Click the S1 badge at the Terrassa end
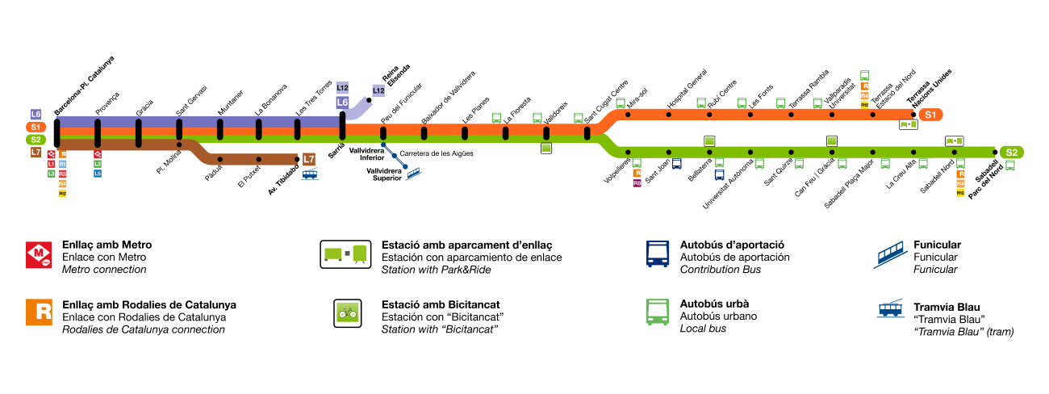pyautogui.click(x=930, y=115)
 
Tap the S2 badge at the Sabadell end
pyautogui.click(x=1011, y=152)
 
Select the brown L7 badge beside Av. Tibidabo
pyautogui.click(x=309, y=158)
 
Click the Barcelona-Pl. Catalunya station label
pyautogui.click(x=84, y=85)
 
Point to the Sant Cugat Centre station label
pyautogui.click(x=606, y=103)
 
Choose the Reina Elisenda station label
pyautogui.click(x=396, y=74)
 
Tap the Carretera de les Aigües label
pyautogui.click(x=436, y=153)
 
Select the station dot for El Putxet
pyautogui.click(x=258, y=159)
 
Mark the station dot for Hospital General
pyautogui.click(x=668, y=115)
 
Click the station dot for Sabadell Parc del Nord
pyautogui.click(x=994, y=151)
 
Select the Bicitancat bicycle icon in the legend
pyautogui.click(x=347, y=313)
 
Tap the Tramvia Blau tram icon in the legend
pyautogui.click(x=890, y=309)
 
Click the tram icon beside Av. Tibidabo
pyautogui.click(x=309, y=174)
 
